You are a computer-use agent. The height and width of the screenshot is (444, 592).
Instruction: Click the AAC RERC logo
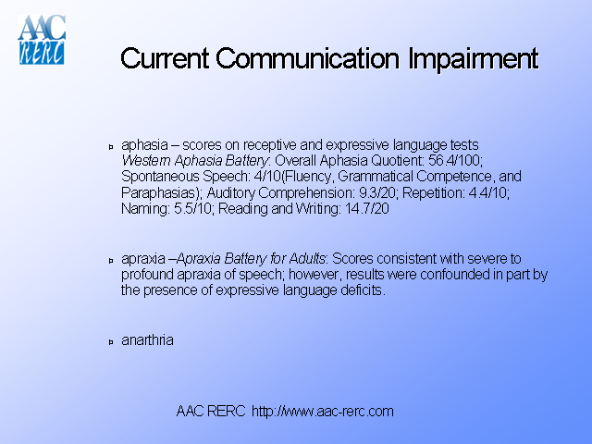tap(42, 40)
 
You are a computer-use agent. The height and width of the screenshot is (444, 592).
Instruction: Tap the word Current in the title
tap(166, 59)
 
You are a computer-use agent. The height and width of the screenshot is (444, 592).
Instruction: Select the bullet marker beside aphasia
tap(111, 147)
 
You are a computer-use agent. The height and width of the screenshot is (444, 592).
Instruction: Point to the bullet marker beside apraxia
tap(111, 260)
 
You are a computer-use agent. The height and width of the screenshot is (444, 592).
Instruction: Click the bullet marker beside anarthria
tap(111, 341)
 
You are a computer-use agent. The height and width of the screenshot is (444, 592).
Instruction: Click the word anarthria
tap(147, 340)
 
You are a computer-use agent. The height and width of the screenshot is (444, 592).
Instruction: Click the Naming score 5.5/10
tap(189, 209)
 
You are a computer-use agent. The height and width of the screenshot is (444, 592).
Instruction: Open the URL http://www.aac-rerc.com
tap(323, 411)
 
